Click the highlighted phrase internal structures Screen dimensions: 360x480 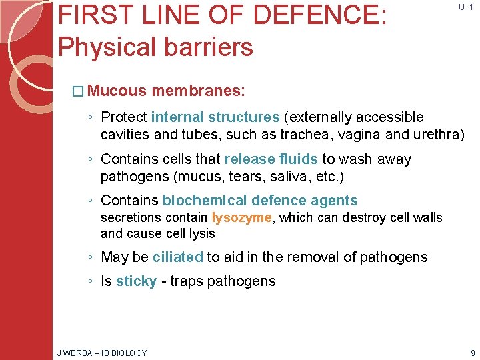tap(215, 117)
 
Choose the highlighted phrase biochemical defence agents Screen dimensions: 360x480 tap(260, 201)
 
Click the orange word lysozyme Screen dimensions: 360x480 tap(242, 217)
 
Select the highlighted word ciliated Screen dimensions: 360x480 tap(177, 257)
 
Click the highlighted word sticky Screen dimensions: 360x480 tap(136, 281)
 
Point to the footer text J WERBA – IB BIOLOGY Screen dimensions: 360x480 tap(102, 353)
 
